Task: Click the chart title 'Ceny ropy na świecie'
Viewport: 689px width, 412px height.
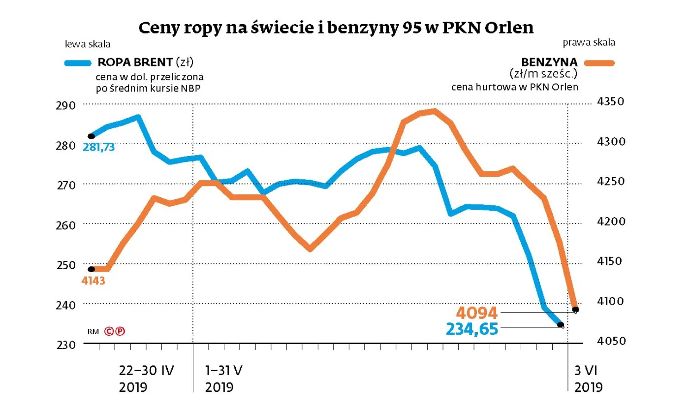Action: point(336,28)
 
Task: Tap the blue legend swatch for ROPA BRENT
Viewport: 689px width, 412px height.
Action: point(78,63)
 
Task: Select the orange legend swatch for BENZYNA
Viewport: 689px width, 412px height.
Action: point(599,63)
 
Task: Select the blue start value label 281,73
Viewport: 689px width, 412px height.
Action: point(98,147)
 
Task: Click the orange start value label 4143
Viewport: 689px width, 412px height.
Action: point(93,281)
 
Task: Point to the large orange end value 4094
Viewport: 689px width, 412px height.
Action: point(477,313)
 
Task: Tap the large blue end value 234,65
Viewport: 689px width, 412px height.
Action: point(472,328)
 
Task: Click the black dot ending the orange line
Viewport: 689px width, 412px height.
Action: point(575,310)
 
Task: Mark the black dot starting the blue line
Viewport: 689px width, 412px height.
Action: point(91,136)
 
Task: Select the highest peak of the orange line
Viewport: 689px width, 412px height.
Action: point(434,111)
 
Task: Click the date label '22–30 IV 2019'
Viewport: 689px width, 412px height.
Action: point(147,378)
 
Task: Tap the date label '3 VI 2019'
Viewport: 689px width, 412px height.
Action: point(589,378)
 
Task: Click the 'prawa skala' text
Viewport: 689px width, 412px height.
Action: point(595,42)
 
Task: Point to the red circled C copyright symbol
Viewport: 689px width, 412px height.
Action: point(109,331)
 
